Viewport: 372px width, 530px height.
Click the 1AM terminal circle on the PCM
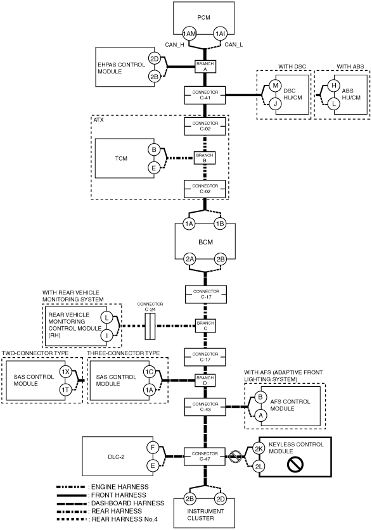point(189,34)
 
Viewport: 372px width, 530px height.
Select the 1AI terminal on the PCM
point(220,34)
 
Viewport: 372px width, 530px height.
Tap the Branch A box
point(205,66)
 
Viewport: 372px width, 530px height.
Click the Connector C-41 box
point(205,95)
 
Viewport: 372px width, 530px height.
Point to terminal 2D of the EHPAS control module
point(154,59)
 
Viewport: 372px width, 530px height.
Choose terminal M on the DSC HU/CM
point(275,85)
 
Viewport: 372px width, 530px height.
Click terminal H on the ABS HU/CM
point(334,85)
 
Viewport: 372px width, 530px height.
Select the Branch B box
point(205,158)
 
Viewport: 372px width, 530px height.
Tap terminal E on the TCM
point(154,167)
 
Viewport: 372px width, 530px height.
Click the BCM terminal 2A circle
point(189,259)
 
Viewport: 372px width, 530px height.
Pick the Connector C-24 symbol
point(150,326)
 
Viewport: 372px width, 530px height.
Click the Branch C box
point(205,326)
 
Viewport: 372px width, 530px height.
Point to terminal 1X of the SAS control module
point(65,372)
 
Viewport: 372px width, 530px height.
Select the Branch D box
point(205,381)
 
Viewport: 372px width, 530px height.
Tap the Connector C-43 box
point(205,407)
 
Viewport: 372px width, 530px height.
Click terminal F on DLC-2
point(153,448)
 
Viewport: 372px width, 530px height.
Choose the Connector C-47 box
point(205,457)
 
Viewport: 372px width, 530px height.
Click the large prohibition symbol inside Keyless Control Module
point(295,465)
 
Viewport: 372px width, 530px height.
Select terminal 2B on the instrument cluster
point(189,499)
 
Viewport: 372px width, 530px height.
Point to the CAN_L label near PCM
point(233,44)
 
